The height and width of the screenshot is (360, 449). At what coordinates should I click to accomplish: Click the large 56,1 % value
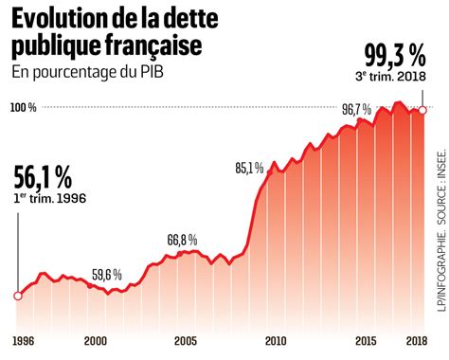(44, 178)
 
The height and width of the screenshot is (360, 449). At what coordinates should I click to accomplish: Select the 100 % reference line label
(25, 108)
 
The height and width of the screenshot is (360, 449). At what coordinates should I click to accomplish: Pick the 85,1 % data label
(249, 169)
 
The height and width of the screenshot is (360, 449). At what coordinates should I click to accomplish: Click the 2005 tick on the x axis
(185, 341)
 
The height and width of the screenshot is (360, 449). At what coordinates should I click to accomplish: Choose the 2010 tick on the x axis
(275, 341)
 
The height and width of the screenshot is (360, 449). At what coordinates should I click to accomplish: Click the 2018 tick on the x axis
(418, 341)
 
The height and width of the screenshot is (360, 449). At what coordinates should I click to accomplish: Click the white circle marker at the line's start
(17, 296)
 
